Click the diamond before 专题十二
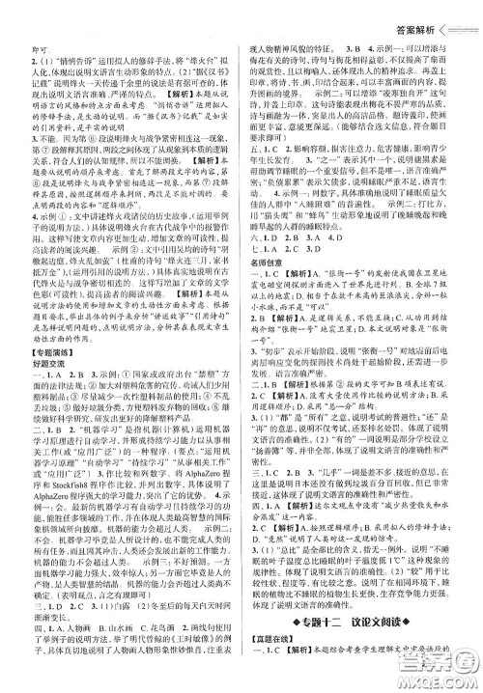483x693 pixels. click(x=298, y=635)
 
